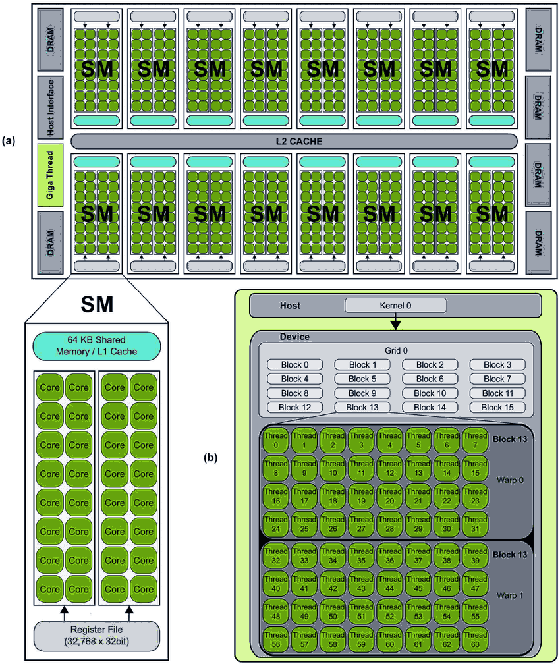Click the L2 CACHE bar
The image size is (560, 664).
(x=293, y=140)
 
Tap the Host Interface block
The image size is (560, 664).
(x=50, y=105)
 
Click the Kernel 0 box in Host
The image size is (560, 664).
(x=395, y=306)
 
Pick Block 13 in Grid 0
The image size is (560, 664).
(x=362, y=407)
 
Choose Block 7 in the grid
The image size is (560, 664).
(x=497, y=379)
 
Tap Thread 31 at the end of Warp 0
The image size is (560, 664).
(x=475, y=524)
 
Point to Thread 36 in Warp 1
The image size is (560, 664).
(x=389, y=555)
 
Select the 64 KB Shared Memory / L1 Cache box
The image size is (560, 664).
(x=97, y=346)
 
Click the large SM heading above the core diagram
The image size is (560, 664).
(x=97, y=304)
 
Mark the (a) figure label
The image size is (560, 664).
(x=9, y=140)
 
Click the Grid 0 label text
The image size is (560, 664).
(x=396, y=351)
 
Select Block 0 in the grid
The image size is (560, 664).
(x=294, y=364)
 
